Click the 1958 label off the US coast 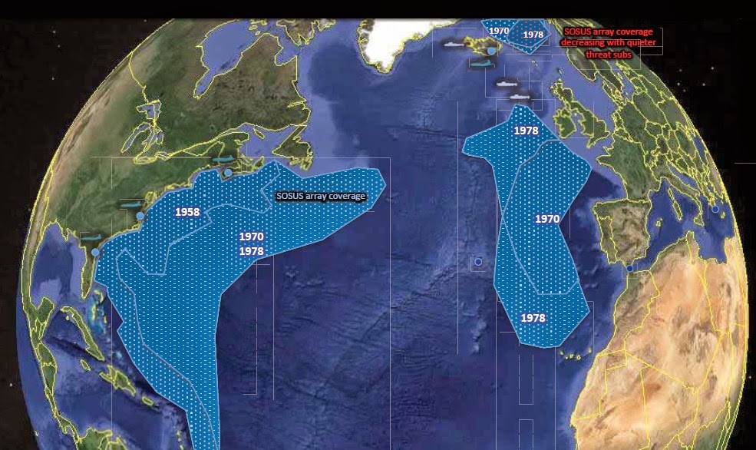(187, 212)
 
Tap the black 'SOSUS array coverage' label (321, 196)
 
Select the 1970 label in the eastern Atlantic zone (547, 219)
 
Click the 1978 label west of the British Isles (526, 131)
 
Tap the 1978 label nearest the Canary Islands (533, 317)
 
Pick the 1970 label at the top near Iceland (499, 31)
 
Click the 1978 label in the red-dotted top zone (532, 35)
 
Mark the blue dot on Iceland (491, 51)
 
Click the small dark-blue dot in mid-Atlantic (478, 262)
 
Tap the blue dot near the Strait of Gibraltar (629, 268)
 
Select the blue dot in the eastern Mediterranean (715, 209)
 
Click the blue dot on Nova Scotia (227, 174)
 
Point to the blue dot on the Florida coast (95, 252)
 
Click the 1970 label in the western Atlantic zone (252, 237)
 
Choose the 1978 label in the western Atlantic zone (252, 251)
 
